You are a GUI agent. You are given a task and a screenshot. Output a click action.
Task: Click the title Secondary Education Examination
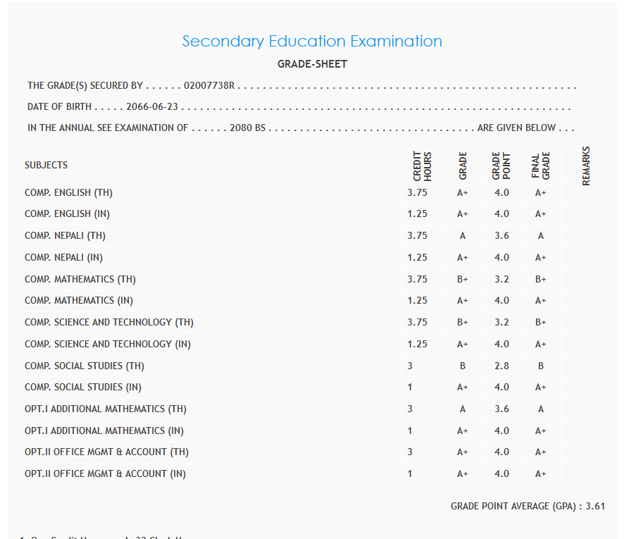[x=312, y=41]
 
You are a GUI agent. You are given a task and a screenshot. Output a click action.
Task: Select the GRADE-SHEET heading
[x=312, y=64]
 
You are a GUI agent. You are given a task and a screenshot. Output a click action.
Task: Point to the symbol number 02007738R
[x=208, y=86]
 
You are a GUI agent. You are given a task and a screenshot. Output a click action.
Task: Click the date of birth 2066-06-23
[x=152, y=107]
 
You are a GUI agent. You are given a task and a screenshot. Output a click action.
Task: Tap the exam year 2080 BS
[x=247, y=128]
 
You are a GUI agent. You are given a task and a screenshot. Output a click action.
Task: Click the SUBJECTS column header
[x=46, y=165]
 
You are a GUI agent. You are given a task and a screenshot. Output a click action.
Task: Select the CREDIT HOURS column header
[x=422, y=166]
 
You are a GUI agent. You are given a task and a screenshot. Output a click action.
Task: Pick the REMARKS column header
[x=586, y=166]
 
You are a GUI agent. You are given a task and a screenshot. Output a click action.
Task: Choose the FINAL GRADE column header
[x=540, y=166]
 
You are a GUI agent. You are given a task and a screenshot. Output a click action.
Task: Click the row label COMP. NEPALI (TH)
[x=65, y=236]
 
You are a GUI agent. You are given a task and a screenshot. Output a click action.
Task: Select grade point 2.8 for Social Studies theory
[x=501, y=366]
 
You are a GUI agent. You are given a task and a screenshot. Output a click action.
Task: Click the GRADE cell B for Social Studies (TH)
[x=462, y=366]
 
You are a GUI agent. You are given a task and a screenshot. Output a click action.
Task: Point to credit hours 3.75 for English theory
[x=417, y=192]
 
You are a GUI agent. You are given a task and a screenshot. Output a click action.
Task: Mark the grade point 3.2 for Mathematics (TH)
[x=501, y=280]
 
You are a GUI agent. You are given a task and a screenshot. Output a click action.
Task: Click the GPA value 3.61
[x=595, y=506]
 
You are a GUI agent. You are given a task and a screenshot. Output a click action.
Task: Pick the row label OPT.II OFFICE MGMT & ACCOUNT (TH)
[x=106, y=452]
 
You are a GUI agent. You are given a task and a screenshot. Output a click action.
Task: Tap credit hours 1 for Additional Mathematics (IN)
[x=410, y=430]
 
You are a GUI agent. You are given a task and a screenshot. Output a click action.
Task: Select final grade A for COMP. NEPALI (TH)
[x=540, y=236]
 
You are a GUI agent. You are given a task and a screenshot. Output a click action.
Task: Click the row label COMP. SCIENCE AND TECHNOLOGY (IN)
[x=107, y=345]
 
